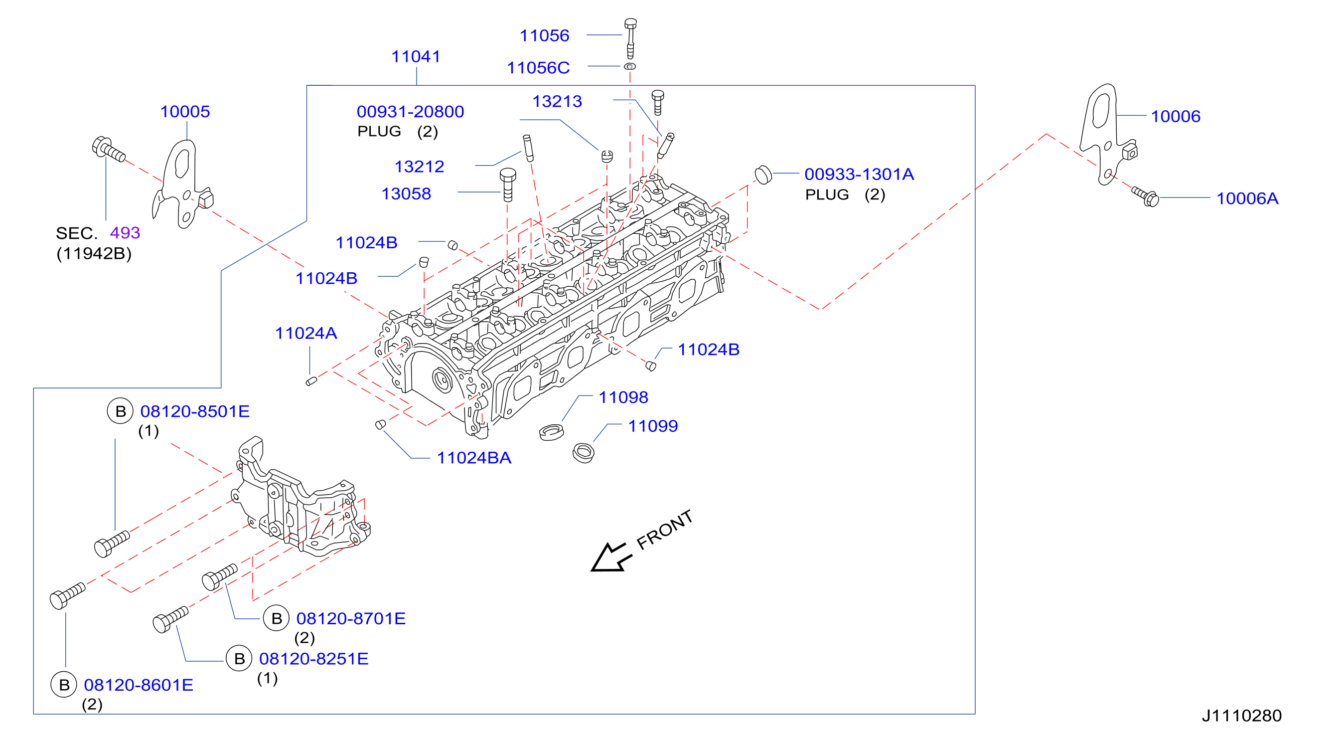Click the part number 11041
click(416, 56)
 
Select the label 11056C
click(538, 68)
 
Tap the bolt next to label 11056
click(630, 38)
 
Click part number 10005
click(185, 111)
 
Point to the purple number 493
click(125, 233)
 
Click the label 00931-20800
click(410, 111)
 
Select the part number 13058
click(406, 193)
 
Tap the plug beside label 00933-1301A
click(763, 175)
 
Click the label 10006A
click(1247, 198)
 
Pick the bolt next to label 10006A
click(1145, 196)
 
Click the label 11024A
click(306, 333)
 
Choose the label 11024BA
click(474, 458)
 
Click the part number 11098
click(623, 397)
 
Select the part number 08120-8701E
click(351, 619)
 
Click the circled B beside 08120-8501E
click(120, 411)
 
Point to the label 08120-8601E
click(139, 685)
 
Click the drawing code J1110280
click(1241, 716)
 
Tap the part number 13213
click(557, 102)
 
